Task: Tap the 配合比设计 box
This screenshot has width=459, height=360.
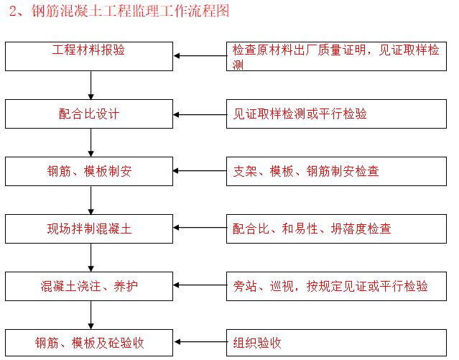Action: pos(89,114)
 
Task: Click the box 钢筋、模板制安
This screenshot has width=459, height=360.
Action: pos(89,171)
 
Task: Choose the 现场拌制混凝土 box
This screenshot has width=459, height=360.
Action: pos(89,229)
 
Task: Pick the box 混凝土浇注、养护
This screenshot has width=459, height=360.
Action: pos(89,286)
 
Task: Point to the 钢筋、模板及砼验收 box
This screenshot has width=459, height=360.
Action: pos(89,342)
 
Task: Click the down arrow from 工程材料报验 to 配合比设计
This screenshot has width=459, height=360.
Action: pos(91,85)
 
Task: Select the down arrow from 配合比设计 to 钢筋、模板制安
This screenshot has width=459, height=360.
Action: pos(91,142)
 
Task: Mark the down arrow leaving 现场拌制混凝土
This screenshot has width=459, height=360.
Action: pos(91,257)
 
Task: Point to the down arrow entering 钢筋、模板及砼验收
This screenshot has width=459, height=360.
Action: pos(91,315)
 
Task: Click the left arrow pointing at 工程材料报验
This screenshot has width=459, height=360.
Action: pos(200,55)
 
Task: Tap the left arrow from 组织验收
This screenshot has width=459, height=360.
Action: pos(200,343)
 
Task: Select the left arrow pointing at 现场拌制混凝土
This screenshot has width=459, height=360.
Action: pos(200,228)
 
